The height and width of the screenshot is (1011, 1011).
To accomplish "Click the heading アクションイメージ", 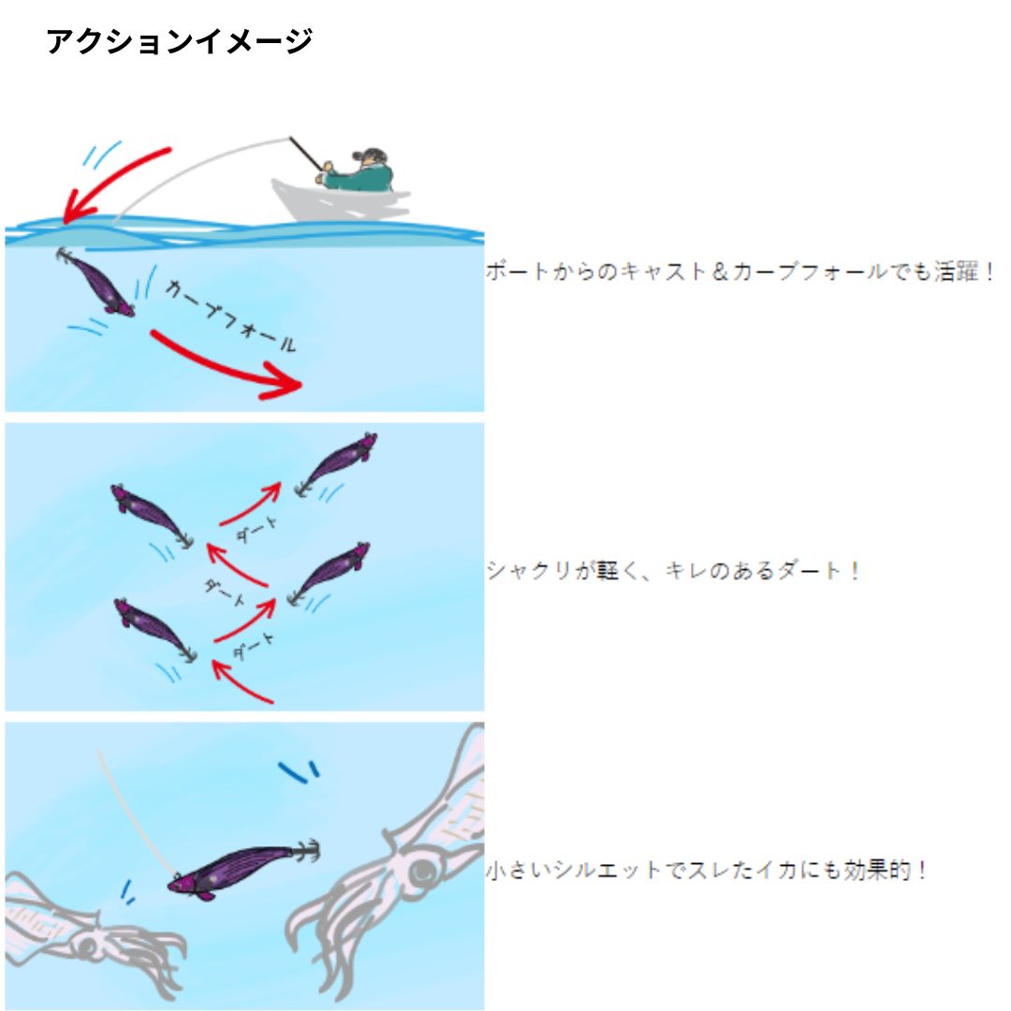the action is [x=179, y=41].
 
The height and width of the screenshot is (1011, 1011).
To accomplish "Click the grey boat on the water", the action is [x=340, y=200].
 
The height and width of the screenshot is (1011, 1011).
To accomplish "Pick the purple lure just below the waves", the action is [x=95, y=282].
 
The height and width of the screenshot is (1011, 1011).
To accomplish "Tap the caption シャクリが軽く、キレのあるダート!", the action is [x=673, y=571].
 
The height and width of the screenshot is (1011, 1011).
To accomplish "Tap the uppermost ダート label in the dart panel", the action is [x=256, y=530].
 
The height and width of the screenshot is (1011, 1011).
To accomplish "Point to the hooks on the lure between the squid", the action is [x=308, y=851].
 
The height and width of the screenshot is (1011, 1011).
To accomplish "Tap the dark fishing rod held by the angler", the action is [x=305, y=154].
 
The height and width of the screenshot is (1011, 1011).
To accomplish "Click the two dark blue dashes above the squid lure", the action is [x=299, y=770].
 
